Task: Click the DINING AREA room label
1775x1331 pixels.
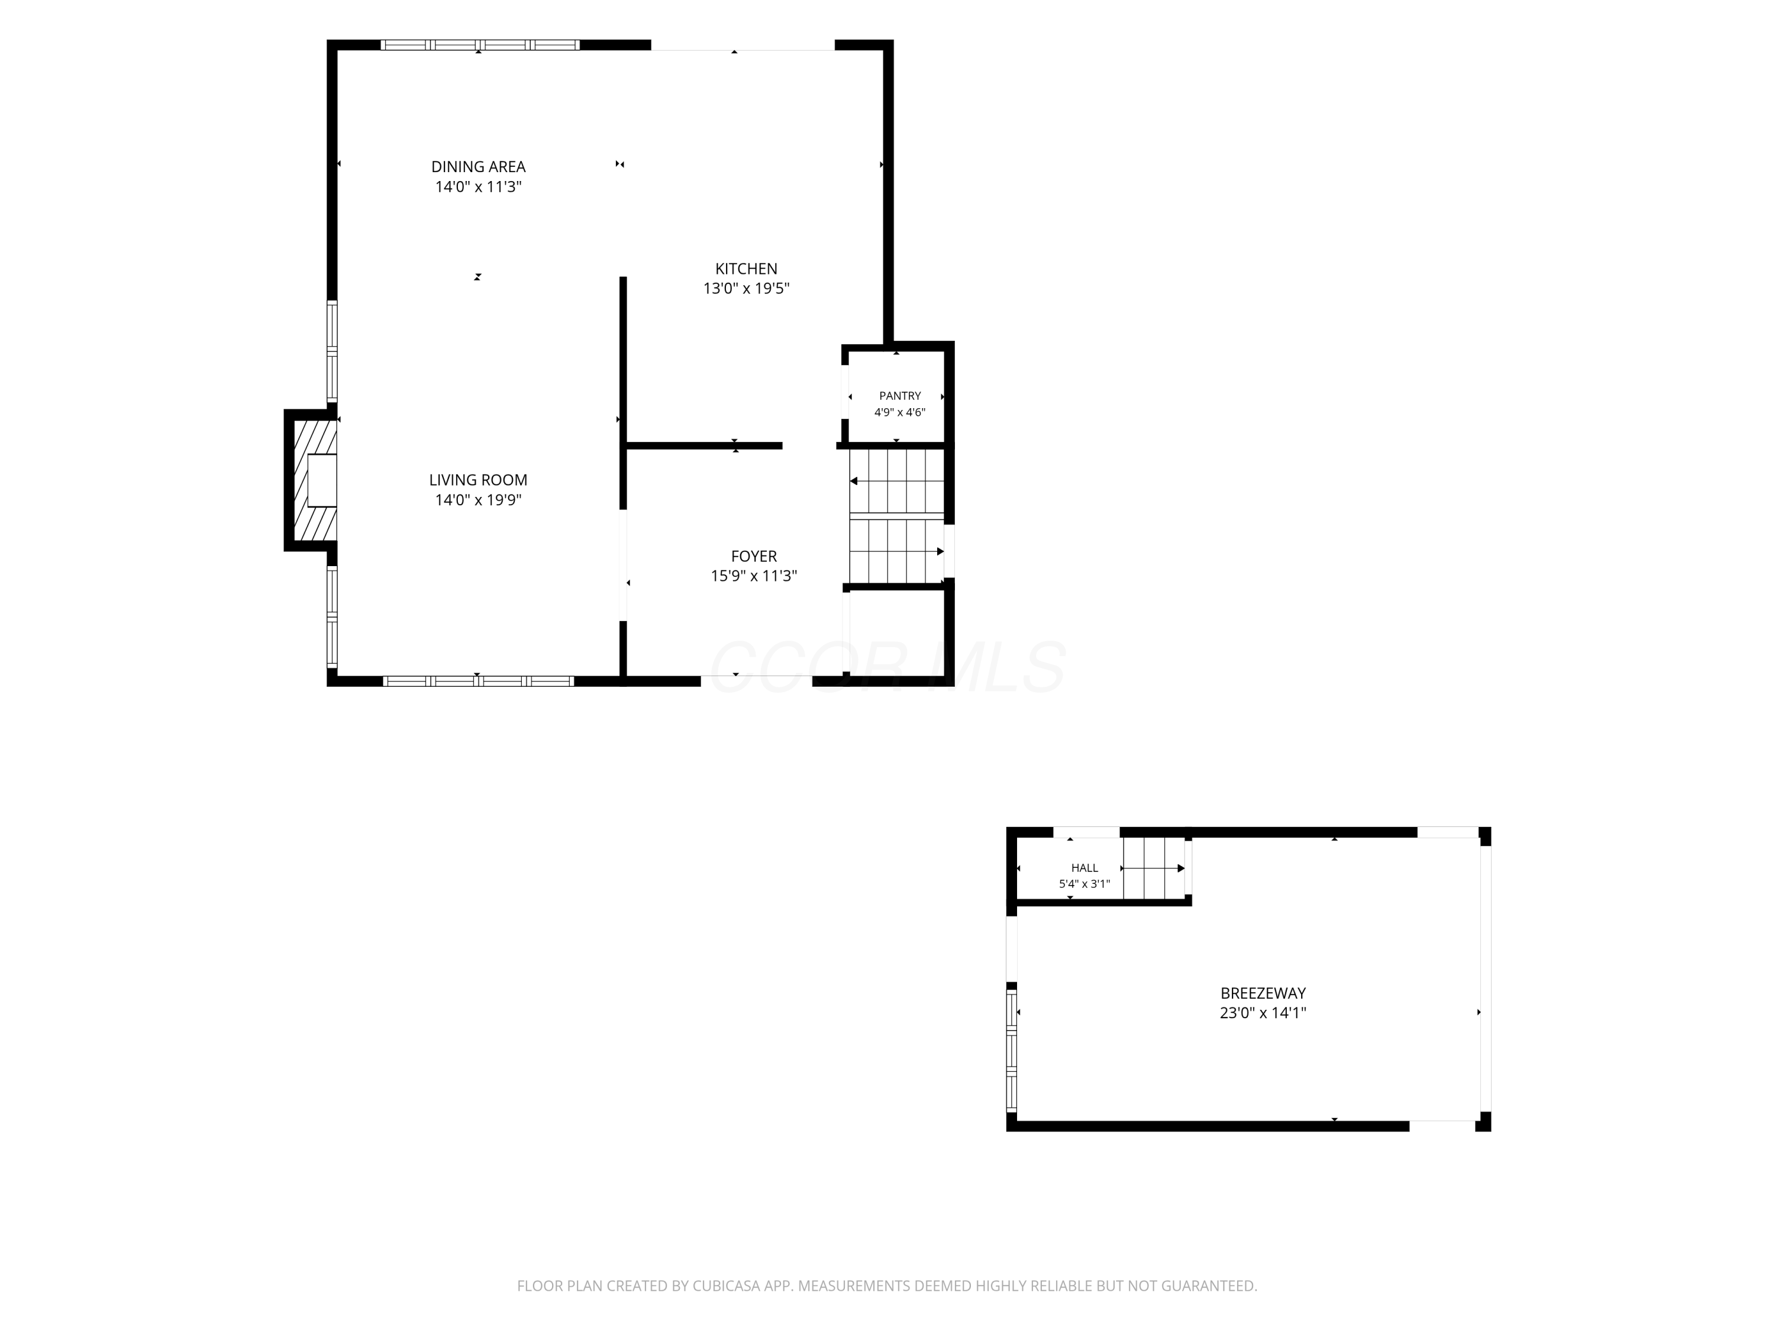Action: point(478,167)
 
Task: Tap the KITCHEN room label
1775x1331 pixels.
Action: point(746,269)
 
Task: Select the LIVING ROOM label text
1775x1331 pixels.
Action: point(478,480)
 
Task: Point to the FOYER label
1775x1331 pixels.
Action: point(754,556)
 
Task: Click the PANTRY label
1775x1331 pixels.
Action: point(899,396)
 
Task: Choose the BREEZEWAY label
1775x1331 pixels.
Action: point(1263,993)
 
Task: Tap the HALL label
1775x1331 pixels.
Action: point(1084,867)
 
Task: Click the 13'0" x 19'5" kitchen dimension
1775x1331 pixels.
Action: point(746,289)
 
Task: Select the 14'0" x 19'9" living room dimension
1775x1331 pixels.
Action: point(478,500)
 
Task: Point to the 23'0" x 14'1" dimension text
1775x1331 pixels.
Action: point(1263,1013)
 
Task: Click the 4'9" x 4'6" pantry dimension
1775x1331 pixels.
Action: point(899,412)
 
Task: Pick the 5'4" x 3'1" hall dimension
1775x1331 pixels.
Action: point(1084,884)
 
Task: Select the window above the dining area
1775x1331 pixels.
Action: point(480,45)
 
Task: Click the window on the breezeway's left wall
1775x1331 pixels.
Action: point(1012,1051)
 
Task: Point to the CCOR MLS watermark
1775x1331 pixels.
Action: point(887,667)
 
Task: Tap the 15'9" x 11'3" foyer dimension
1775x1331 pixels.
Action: point(754,576)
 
